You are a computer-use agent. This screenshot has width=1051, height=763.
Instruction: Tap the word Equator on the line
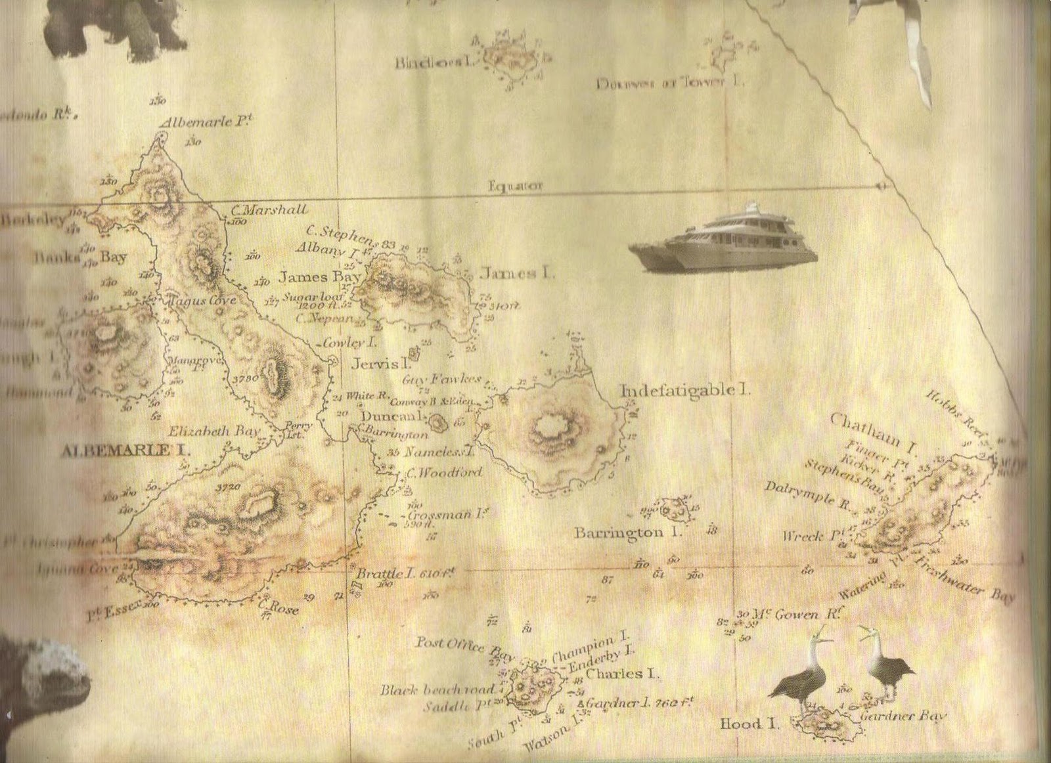point(516,186)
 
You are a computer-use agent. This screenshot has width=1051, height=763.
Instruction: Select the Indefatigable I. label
point(685,390)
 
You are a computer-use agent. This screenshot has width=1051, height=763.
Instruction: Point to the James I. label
point(516,272)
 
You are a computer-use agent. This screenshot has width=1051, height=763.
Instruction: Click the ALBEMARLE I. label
point(125,451)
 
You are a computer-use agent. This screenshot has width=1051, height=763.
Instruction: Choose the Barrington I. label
point(628,533)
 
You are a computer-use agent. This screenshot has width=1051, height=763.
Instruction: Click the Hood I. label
point(749,724)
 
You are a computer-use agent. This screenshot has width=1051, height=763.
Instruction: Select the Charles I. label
point(623,674)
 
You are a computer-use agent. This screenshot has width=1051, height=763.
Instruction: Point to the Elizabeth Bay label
point(214,431)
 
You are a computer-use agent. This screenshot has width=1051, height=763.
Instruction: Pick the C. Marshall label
point(269,211)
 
